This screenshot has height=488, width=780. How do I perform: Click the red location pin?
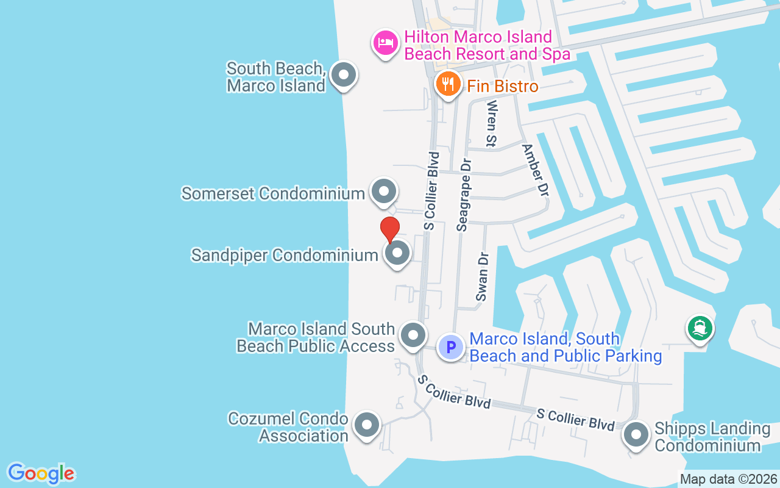(x=389, y=229)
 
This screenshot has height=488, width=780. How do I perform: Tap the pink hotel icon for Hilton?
(x=385, y=43)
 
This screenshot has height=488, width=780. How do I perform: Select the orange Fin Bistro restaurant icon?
(x=448, y=84)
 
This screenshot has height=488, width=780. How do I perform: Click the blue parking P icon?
(x=451, y=348)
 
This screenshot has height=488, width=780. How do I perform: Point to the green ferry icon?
(x=700, y=329)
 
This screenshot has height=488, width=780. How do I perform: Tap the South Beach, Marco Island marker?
(x=344, y=76)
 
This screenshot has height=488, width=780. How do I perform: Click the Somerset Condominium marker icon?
(x=384, y=192)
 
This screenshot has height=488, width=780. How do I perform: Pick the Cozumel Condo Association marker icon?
(x=366, y=425)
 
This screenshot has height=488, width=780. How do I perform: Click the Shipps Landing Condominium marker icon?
(x=636, y=436)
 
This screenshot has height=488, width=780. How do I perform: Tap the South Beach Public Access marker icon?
(x=413, y=335)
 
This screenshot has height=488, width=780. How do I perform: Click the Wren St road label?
(x=491, y=124)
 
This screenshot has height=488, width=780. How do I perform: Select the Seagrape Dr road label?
(x=464, y=195)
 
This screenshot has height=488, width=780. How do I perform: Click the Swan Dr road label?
(x=483, y=277)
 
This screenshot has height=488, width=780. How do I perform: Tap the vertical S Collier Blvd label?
(x=431, y=190)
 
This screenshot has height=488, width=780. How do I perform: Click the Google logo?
(x=41, y=473)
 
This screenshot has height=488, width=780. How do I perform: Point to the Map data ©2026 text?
(x=728, y=479)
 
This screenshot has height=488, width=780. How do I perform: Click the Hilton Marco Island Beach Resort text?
(x=487, y=45)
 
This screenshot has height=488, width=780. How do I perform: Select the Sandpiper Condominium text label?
(x=285, y=255)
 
